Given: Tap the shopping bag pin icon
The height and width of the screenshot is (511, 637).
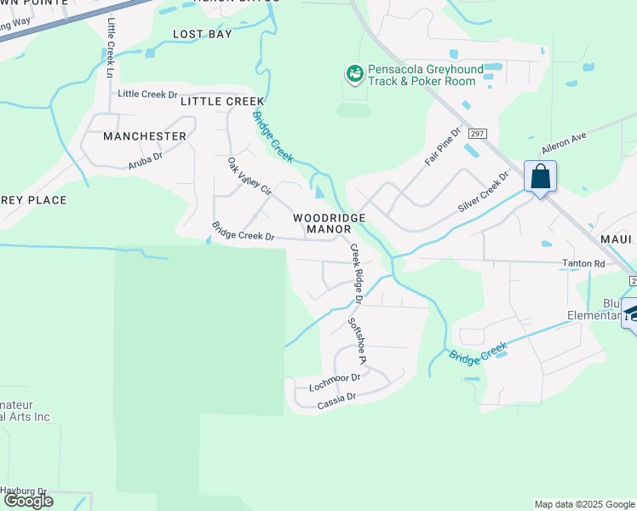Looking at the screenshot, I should pyautogui.click(x=540, y=177).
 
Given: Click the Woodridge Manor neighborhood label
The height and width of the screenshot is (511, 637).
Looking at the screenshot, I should pyautogui.click(x=329, y=223).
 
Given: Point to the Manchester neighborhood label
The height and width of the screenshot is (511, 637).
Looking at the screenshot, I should pyautogui.click(x=144, y=136).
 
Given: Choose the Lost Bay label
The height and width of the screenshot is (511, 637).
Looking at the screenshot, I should pyautogui.click(x=202, y=34).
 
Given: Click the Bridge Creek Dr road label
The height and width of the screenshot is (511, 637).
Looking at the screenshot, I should pyautogui.click(x=243, y=231).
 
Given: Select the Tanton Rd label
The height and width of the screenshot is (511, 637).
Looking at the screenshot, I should pyautogui.click(x=582, y=264).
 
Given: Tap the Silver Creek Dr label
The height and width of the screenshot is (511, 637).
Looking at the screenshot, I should pyautogui.click(x=482, y=192).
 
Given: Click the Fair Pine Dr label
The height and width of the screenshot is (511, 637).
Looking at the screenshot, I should pyautogui.click(x=442, y=146).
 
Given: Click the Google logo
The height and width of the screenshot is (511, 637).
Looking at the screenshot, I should pyautogui.click(x=28, y=501).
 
